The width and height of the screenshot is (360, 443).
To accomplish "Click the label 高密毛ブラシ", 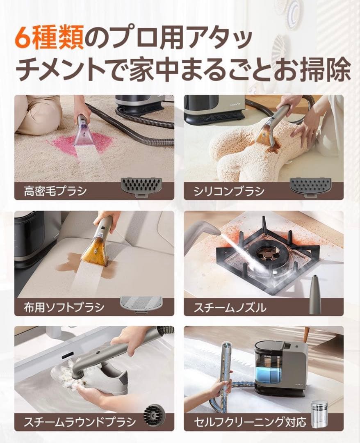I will pos(55,191).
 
